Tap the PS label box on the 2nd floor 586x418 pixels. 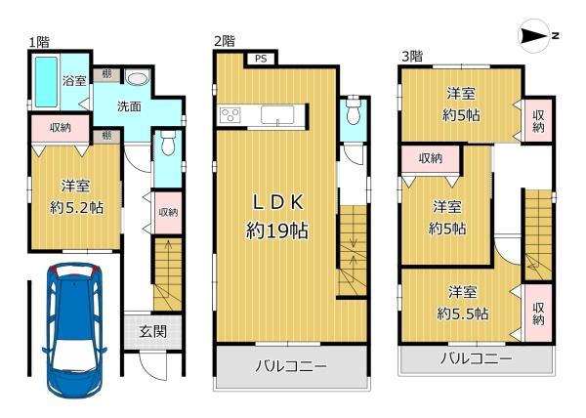(261, 59)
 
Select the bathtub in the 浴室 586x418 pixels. (46, 82)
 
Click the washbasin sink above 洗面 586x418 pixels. (137, 78)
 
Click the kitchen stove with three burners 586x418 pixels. (230, 115)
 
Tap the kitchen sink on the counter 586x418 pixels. (277, 114)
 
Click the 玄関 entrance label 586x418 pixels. (153, 331)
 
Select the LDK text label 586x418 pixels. (277, 203)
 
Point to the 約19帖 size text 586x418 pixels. (277, 230)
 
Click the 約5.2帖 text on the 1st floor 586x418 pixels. (76, 208)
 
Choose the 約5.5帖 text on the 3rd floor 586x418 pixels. (463, 313)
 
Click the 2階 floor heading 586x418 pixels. (225, 41)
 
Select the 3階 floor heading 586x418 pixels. (412, 57)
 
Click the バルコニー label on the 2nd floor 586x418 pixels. (291, 365)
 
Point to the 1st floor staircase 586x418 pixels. (168, 274)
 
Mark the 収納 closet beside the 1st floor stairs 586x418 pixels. (168, 213)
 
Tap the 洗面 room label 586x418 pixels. (129, 106)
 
